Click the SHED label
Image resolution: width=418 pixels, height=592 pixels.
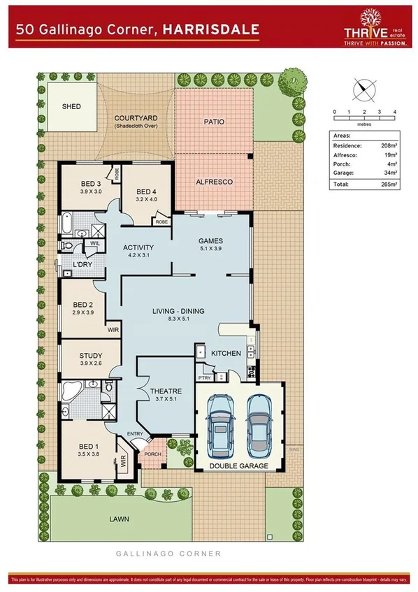pyautogui.click(x=71, y=107)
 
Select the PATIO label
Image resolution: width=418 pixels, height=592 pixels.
pyautogui.click(x=214, y=122)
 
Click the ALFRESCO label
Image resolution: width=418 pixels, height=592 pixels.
pyautogui.click(x=214, y=182)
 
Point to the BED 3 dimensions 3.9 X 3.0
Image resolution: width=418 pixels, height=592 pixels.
pyautogui.click(x=91, y=192)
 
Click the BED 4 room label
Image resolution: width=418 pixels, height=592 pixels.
pyautogui.click(x=145, y=192)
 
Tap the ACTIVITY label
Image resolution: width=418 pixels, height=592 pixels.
pyautogui.click(x=138, y=247)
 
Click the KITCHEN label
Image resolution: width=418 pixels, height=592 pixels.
pyautogui.click(x=226, y=354)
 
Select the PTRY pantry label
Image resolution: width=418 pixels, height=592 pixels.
pyautogui.click(x=204, y=377)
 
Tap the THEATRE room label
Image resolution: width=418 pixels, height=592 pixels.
pyautogui.click(x=166, y=391)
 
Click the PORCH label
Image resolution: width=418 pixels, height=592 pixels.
pyautogui.click(x=152, y=454)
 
